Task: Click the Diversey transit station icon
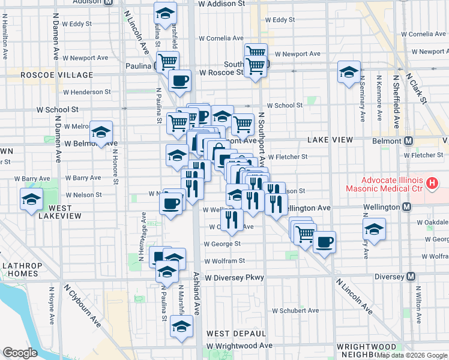[x=411, y=277]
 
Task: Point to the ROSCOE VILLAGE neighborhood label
[x=57, y=75]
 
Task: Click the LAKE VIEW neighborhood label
[x=330, y=139]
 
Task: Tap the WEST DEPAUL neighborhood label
[x=236, y=333]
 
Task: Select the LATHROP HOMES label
[x=20, y=269]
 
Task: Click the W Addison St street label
[x=221, y=4]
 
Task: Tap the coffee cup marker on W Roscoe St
[x=179, y=80]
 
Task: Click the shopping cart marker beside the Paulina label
[x=167, y=61]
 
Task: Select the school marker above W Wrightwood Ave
[x=181, y=327]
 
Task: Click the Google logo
[x=20, y=353]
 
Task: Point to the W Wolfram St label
[x=224, y=261]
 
